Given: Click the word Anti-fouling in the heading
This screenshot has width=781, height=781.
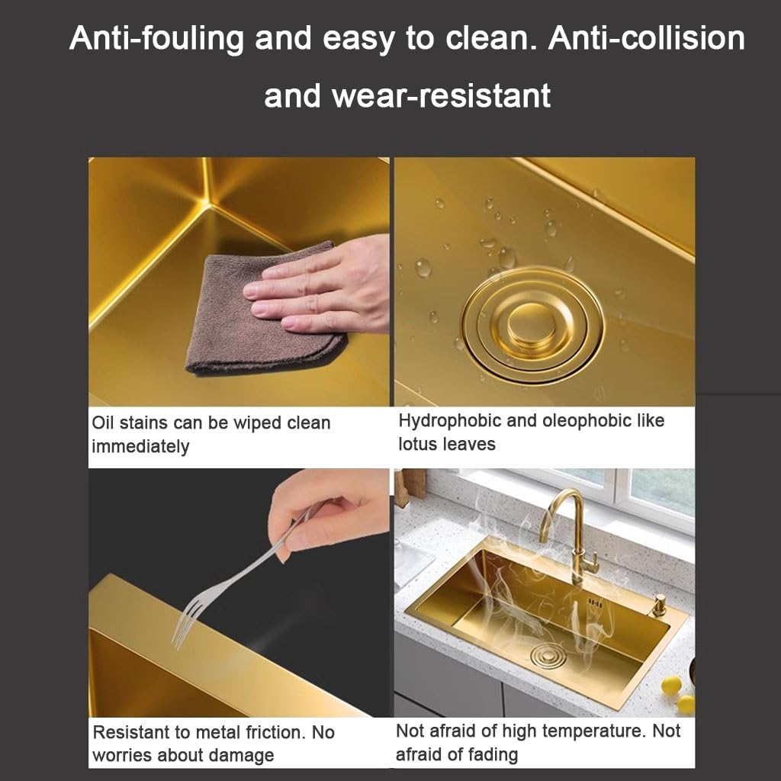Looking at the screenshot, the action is pyautogui.click(x=156, y=38).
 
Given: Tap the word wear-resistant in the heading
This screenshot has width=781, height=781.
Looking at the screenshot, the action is pyautogui.click(x=442, y=95).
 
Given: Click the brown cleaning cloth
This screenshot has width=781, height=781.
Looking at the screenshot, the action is pyautogui.click(x=263, y=310).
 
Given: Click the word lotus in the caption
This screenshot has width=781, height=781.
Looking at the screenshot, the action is pyautogui.click(x=416, y=444).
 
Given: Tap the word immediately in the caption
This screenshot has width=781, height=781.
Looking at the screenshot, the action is pyautogui.click(x=140, y=446).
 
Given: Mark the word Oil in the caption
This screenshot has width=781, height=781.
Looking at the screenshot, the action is pyautogui.click(x=103, y=423).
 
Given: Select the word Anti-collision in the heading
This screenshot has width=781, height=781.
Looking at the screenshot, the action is pyautogui.click(x=646, y=38).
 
